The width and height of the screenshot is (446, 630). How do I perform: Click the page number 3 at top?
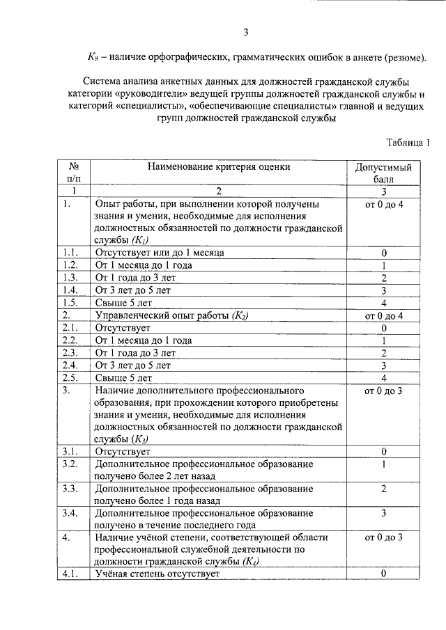point(245,31)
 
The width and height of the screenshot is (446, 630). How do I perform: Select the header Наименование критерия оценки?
point(218,167)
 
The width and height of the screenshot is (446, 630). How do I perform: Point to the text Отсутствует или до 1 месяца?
point(160,252)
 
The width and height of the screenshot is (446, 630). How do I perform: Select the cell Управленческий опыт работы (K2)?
point(171,315)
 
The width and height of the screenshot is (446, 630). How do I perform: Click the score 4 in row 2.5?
point(383,378)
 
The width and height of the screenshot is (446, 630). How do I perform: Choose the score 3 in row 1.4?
point(383,290)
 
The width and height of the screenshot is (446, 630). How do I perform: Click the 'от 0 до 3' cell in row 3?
point(383,391)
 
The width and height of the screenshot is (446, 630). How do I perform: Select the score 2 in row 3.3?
point(383,489)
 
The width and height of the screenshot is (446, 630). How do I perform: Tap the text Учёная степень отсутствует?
point(157,574)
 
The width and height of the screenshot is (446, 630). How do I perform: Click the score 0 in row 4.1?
point(383,574)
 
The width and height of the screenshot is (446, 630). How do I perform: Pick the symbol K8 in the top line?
point(93,57)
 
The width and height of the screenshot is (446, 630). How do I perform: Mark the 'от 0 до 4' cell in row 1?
point(383,205)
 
